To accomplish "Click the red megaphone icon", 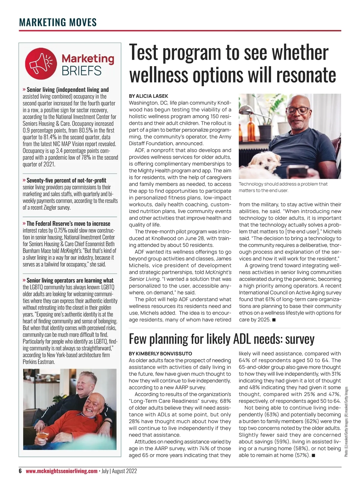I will (41, 63).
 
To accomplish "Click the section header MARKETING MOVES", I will (58, 22).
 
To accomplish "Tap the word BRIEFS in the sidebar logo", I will (82, 71).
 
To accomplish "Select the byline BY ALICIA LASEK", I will (148, 96).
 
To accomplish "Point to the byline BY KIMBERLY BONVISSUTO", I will (160, 354).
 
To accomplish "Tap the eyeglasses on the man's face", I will (298, 110).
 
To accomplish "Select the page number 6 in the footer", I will (20, 471).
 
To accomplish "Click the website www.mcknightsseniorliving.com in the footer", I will (61, 471).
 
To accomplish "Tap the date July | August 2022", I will (119, 471).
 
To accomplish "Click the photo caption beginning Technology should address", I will (283, 187).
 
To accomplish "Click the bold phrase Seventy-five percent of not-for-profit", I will (66, 180).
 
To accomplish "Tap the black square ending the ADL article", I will (313, 456).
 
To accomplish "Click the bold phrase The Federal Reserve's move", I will (68, 224).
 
